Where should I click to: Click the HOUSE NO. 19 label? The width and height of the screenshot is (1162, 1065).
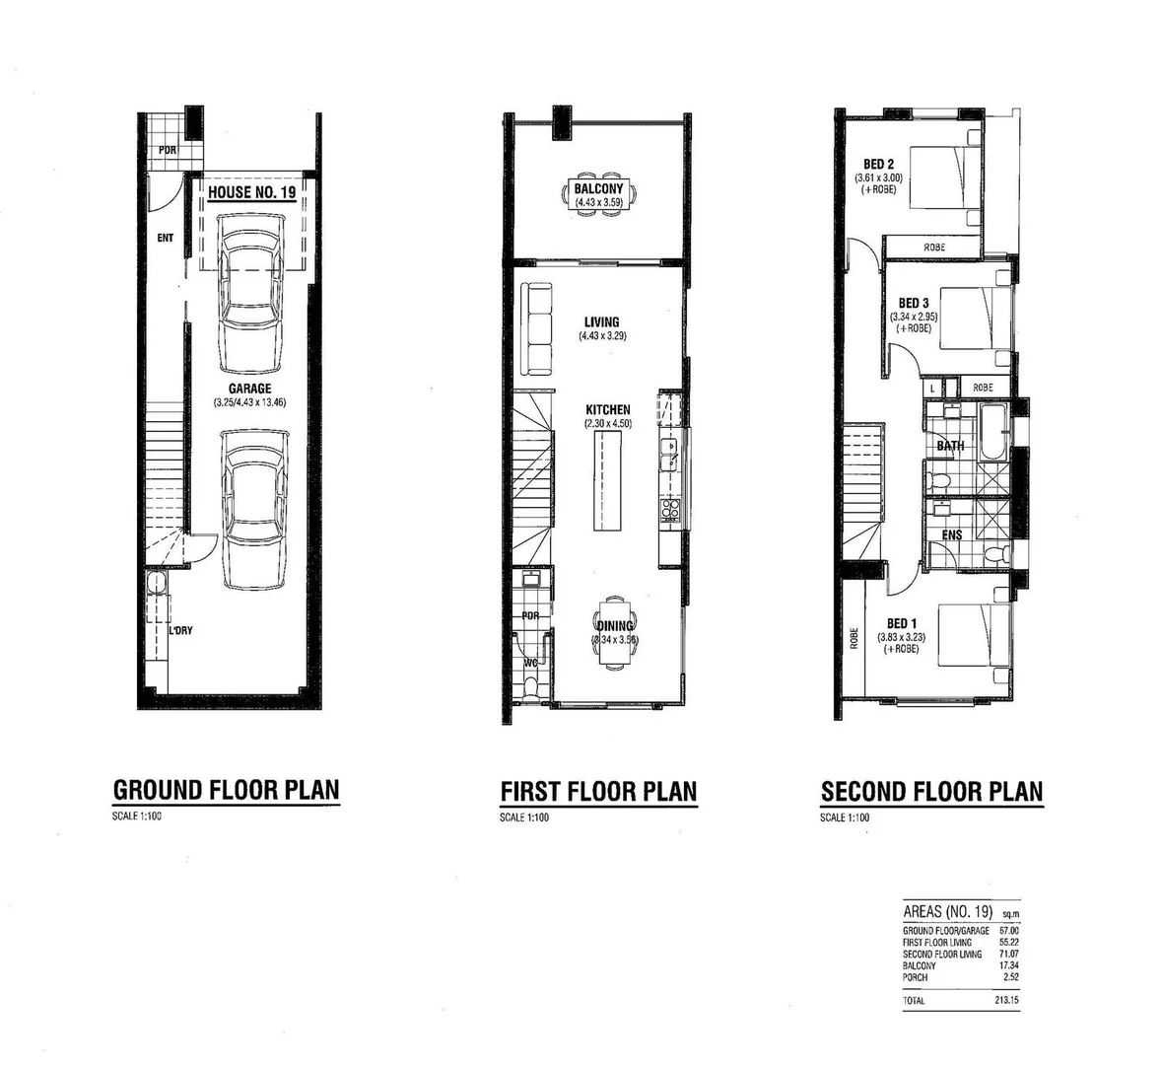pos(251,192)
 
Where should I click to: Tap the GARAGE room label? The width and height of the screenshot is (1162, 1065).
pos(249,389)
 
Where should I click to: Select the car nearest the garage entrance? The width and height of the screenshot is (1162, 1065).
pos(251,294)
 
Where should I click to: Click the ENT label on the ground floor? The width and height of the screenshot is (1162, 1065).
pos(165,238)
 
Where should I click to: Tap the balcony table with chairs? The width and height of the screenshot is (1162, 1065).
pos(600,192)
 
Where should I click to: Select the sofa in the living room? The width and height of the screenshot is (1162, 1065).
pos(537,328)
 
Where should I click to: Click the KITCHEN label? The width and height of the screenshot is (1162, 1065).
pos(607,409)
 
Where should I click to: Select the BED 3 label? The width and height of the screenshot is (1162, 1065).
pos(914,303)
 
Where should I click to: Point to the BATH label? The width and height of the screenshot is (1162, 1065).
pos(950,446)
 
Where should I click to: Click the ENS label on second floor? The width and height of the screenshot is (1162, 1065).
pos(951,535)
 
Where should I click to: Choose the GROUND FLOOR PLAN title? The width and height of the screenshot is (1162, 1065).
pos(226,790)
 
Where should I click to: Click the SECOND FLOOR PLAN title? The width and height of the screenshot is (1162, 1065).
pos(931,791)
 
